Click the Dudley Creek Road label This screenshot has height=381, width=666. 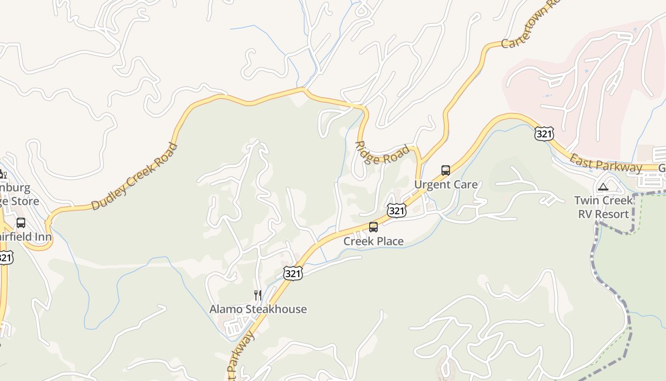[x=134, y=177]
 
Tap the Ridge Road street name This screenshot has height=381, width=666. [x=383, y=153]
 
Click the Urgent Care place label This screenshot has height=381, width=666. [x=446, y=184]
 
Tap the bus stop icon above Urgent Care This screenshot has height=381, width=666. [x=446, y=170]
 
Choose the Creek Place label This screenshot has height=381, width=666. [x=373, y=241]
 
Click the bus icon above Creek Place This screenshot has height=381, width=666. [x=373, y=227]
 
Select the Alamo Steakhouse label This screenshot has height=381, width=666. [x=258, y=309]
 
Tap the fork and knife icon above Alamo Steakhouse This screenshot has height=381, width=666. [x=258, y=295]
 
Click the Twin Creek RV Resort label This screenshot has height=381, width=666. [x=603, y=207]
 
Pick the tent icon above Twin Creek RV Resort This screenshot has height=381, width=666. [x=603, y=187]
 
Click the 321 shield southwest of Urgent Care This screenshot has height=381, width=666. [x=396, y=211]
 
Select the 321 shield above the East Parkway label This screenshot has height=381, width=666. [x=544, y=134]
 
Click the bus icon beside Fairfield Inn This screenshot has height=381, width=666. [x=21, y=222]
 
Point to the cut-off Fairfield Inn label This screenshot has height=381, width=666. [x=26, y=236]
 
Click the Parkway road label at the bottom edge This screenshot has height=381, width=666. [x=240, y=355]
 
